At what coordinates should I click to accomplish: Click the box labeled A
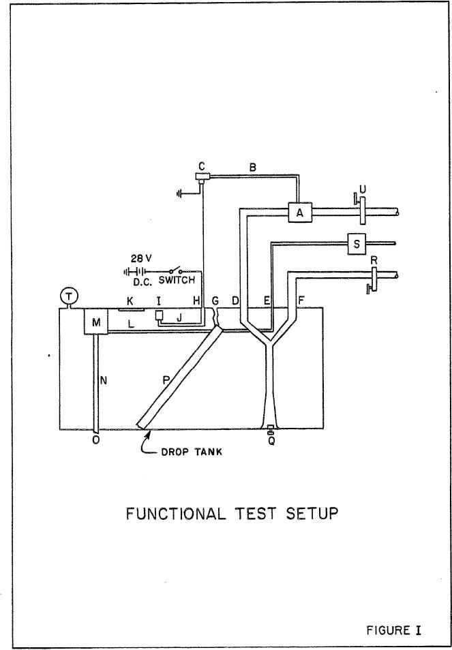click(298, 213)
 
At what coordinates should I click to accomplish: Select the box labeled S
click(357, 243)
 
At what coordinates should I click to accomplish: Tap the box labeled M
click(96, 323)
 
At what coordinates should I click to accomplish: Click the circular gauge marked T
click(69, 296)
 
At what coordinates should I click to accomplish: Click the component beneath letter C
click(202, 178)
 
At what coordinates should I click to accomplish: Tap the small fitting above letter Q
click(271, 430)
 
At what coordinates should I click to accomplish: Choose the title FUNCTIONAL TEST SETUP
click(232, 514)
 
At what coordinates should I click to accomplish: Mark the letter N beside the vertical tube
click(104, 382)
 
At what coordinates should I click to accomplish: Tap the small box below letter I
click(160, 315)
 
